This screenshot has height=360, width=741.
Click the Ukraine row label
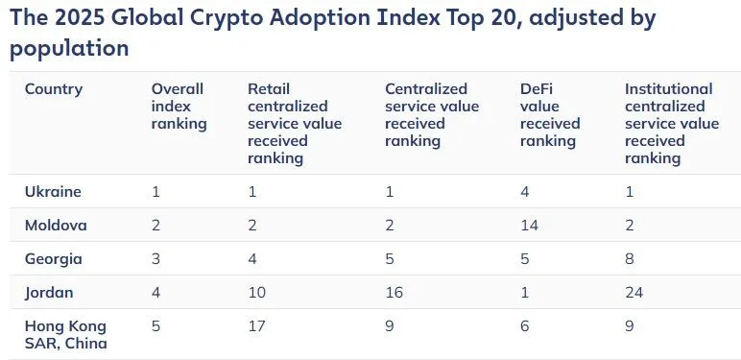click(x=53, y=191)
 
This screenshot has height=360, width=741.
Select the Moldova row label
click(x=56, y=225)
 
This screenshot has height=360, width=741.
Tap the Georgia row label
click(x=54, y=258)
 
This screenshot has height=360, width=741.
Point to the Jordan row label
click(x=50, y=292)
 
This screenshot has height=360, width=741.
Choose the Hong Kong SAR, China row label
click(x=65, y=334)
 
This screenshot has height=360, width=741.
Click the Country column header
click(x=54, y=89)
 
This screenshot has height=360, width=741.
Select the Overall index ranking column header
click(x=178, y=107)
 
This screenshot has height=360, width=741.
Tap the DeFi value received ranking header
click(x=550, y=115)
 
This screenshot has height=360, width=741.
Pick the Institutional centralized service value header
click(x=671, y=124)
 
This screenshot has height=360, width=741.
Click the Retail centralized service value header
click(x=294, y=124)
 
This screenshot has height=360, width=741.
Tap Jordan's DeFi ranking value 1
click(x=523, y=292)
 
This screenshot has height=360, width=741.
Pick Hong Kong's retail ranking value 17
click(x=255, y=325)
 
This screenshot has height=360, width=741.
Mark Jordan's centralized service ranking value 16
click(x=394, y=292)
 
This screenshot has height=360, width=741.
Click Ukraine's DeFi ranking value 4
click(x=524, y=191)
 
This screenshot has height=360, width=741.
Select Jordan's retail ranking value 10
click(x=256, y=292)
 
